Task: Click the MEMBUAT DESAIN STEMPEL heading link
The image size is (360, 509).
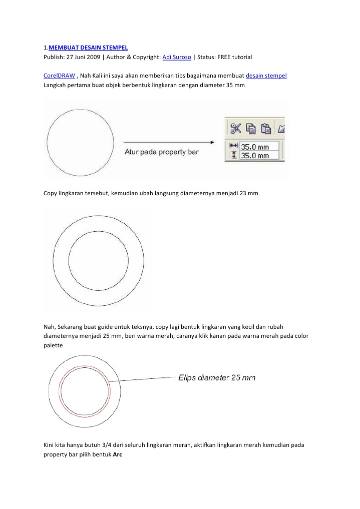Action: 88,48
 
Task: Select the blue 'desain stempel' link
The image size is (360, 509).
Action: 266,76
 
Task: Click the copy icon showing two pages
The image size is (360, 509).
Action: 251,129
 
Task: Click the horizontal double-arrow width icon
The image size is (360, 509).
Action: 233,146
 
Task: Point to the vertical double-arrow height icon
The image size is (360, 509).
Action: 233,155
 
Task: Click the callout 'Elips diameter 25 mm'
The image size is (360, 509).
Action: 217,378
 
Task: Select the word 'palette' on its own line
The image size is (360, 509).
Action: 53,345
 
